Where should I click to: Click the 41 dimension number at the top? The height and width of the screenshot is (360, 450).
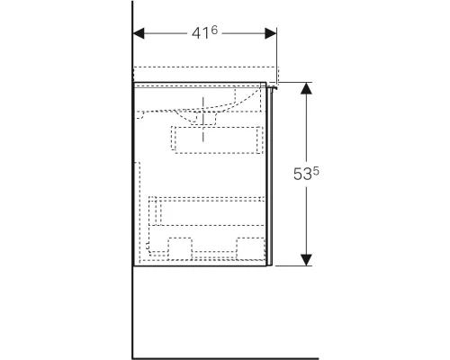pos(200,33)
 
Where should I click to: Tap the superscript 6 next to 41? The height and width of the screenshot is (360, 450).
pos(214,30)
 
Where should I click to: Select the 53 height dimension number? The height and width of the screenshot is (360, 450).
pos(302,175)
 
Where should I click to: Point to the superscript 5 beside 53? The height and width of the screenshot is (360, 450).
pos(316,172)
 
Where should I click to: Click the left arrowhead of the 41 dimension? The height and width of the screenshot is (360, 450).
pos(139,33)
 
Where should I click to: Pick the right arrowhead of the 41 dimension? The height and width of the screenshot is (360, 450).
pos(271,33)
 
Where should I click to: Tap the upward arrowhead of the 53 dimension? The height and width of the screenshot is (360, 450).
pos(306,88)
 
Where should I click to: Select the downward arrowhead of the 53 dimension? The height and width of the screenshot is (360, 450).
pos(306,260)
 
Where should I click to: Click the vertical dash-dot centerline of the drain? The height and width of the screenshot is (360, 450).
pos(203,119)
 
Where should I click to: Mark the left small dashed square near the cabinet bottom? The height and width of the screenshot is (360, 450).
pos(180,248)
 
